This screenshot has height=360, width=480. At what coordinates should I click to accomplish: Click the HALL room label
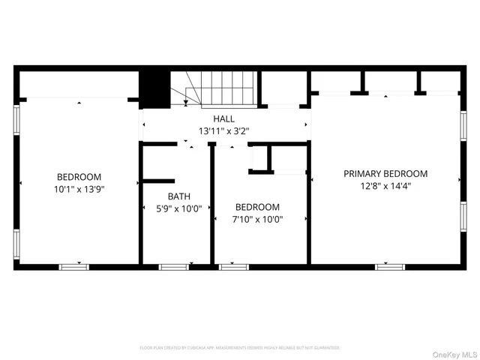pyautogui.click(x=223, y=118)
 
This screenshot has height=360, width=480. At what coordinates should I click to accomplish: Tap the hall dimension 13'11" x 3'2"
pyautogui.click(x=223, y=130)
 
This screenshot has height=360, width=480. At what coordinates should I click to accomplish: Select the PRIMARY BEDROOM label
pyautogui.click(x=385, y=173)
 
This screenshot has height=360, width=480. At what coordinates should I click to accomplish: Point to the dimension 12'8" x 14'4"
pyautogui.click(x=385, y=185)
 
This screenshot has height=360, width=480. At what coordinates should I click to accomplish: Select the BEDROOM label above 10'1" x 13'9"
pyautogui.click(x=78, y=178)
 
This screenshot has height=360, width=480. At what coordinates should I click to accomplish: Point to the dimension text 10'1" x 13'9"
pyautogui.click(x=78, y=190)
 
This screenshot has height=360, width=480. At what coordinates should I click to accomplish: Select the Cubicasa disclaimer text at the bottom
pyautogui.click(x=240, y=348)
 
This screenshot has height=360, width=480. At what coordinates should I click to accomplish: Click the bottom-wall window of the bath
pyautogui.click(x=173, y=266)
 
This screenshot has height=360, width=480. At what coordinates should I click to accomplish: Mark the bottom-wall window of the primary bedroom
pyautogui.click(x=390, y=266)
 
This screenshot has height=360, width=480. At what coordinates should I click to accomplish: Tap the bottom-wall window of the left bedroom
pyautogui.click(x=73, y=266)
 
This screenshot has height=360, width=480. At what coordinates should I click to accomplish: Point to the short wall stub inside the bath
pyautogui.click(x=157, y=181)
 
